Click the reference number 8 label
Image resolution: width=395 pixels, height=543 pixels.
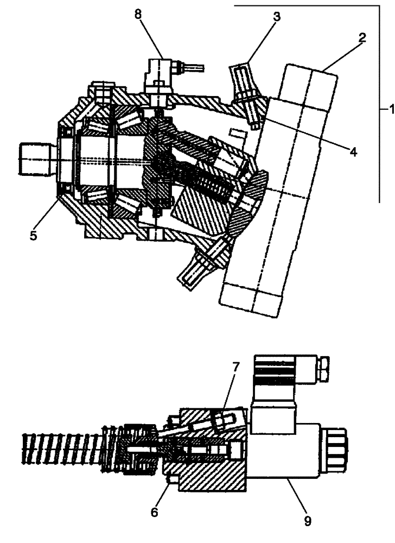coord(139,15)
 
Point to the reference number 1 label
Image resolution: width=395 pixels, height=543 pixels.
coord(388,109)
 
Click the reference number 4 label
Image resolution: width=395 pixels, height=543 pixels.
coord(353,153)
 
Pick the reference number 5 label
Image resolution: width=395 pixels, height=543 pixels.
coord(33,237)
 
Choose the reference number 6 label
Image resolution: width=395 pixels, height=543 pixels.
coord(155,512)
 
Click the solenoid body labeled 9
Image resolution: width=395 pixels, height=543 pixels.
coord(282,451)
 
